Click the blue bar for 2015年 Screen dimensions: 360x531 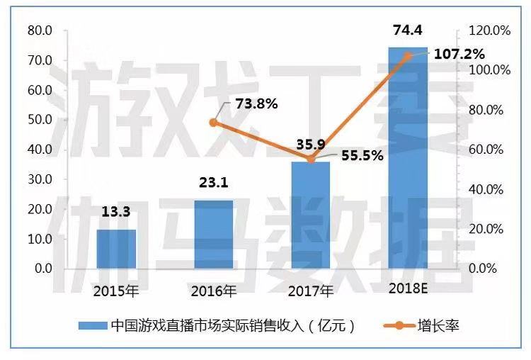(116, 249)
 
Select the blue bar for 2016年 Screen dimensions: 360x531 (213, 235)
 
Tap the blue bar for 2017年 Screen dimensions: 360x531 (311, 215)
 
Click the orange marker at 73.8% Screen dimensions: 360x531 (214, 123)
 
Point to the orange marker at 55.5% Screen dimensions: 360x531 (311, 159)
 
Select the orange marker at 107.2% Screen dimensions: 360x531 (408, 55)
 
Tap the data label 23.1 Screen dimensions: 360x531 (213, 184)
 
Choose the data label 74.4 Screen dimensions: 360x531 (409, 30)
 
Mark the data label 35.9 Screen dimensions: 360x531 (311, 145)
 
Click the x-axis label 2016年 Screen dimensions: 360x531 (213, 291)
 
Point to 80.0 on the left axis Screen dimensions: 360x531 (40, 31)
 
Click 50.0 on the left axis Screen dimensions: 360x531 (40, 120)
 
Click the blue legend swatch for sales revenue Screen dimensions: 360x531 (92, 326)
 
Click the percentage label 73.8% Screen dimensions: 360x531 (256, 103)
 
